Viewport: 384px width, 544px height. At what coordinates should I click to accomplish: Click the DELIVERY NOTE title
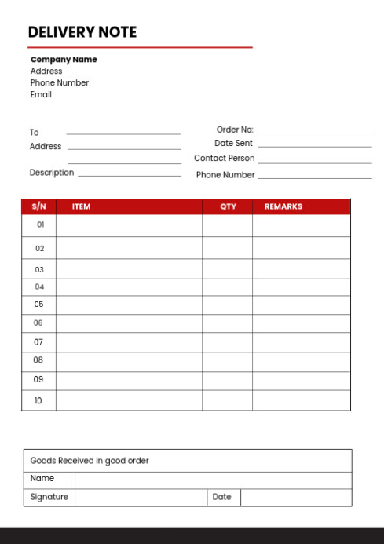point(82,32)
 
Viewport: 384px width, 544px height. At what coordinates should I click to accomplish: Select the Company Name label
point(64,60)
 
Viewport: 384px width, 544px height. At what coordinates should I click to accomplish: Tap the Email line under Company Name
point(41,94)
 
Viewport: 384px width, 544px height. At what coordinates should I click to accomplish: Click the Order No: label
point(235,130)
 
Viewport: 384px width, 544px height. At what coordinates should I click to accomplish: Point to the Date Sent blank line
point(314,146)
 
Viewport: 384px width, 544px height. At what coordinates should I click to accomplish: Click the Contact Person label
point(224,158)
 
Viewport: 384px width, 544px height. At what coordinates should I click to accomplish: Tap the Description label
point(52,173)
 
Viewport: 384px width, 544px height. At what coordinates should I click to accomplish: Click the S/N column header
point(39,206)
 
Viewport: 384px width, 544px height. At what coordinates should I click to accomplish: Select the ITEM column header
point(81,206)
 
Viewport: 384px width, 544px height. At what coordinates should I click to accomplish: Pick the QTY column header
point(228,206)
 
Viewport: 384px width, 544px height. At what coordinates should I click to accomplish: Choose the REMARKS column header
point(283,206)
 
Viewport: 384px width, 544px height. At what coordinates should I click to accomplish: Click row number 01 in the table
point(40,225)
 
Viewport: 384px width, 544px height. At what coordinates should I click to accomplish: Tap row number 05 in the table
point(39,305)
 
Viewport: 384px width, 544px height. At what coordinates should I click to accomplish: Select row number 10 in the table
point(38,400)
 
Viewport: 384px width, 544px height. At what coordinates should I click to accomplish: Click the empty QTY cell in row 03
point(227,269)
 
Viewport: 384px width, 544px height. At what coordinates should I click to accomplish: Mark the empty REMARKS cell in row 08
point(301,361)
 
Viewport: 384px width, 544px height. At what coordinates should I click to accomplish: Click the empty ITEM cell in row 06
point(129,323)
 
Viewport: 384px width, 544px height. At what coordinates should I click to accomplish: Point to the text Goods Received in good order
point(90,461)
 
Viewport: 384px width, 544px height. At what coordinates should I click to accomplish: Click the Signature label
point(49,497)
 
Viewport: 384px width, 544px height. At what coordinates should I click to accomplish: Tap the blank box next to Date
point(295,497)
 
